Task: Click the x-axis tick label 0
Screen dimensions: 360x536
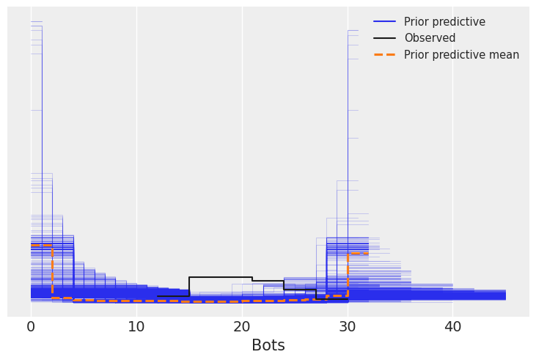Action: coord(31,327)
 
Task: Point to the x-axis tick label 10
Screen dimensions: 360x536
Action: coord(136,327)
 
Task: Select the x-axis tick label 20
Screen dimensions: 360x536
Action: coord(242,327)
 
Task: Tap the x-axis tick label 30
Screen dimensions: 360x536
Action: coord(348,327)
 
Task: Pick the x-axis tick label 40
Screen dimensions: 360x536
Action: coord(453,327)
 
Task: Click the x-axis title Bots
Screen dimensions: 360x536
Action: coord(268,345)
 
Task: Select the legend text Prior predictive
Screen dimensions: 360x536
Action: coord(444,22)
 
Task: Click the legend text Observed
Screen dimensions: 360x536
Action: coord(430,38)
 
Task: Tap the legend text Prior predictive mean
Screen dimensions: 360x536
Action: coord(461,55)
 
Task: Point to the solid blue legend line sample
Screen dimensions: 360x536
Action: coord(385,22)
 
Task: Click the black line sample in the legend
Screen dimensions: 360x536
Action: coord(385,38)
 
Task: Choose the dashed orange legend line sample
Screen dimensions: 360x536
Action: coord(385,55)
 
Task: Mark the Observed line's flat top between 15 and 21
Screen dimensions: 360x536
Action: coord(220,277)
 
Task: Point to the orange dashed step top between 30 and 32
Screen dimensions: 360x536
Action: coord(358,254)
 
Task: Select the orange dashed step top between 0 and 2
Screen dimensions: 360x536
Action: coord(41,246)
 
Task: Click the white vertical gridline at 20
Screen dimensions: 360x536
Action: coord(242,147)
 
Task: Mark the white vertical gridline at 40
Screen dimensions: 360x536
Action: coord(453,147)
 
